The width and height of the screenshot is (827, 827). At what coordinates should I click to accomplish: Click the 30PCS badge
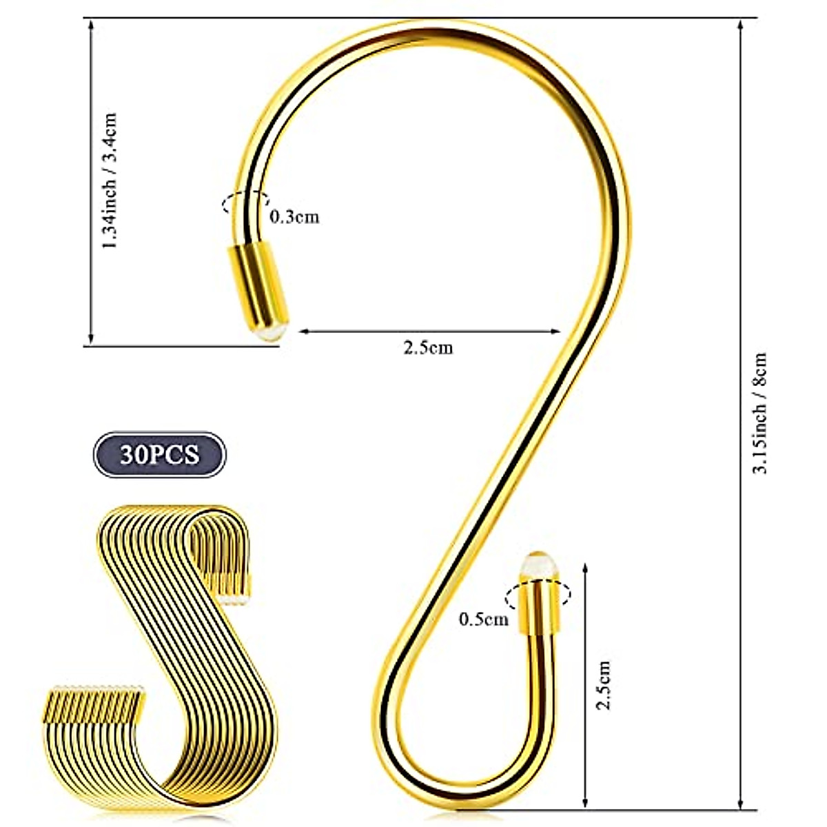coord(159,455)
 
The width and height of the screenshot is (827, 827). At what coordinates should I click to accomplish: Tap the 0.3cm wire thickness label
coord(294,216)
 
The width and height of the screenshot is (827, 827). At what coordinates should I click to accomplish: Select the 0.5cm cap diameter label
coord(484,619)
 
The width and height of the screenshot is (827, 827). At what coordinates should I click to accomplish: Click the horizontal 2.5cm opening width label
coord(428,348)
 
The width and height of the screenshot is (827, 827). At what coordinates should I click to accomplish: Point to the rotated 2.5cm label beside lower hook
coord(603,685)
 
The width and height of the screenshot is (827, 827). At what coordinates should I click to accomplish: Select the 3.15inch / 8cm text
coord(760,413)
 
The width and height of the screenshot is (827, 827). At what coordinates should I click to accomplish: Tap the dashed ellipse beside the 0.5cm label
coord(538,593)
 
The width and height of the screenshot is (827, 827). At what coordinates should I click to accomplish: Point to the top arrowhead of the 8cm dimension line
coord(741,25)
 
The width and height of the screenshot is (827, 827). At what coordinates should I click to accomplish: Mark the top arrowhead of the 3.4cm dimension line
coord(90,25)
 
